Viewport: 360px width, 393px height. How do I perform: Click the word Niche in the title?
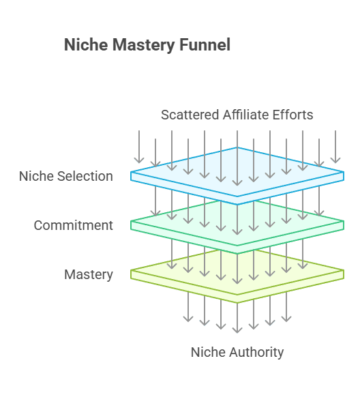coord(86,44)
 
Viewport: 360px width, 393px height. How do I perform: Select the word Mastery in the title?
coord(143,45)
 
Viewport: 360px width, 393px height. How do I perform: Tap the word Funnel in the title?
coord(205,44)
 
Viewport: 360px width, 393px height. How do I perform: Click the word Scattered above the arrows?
coord(190,115)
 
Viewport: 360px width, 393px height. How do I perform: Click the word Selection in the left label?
coord(85,176)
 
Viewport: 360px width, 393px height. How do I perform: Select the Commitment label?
coord(74,225)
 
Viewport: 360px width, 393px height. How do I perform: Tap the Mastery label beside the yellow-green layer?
coord(89,274)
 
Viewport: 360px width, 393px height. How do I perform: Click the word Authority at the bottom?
coord(257,352)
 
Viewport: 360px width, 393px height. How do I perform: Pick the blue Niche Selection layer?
coord(237,175)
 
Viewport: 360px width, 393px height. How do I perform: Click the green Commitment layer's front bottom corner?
coord(237,254)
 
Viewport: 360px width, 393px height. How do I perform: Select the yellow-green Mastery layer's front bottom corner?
coord(237,303)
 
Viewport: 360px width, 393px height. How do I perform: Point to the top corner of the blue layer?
coord(237,147)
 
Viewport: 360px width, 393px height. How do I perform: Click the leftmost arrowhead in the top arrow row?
coord(139,160)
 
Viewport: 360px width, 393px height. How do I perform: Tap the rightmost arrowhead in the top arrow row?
coord(335,160)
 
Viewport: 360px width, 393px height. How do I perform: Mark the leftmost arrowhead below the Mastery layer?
coord(188,319)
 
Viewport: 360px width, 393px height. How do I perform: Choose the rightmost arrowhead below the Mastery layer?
coord(286,319)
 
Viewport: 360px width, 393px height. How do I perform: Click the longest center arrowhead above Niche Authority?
coord(237,330)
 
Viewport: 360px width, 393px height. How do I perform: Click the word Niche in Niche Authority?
coord(209,352)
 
